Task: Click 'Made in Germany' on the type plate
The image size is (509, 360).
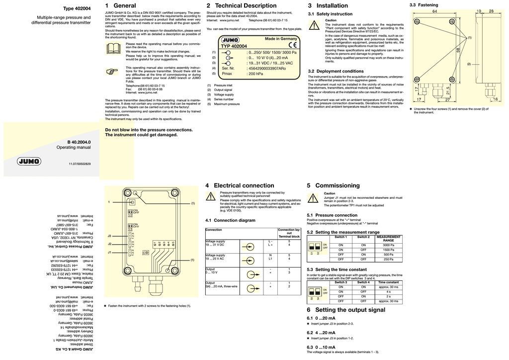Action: point(280,39)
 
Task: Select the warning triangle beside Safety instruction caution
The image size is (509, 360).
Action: point(314,26)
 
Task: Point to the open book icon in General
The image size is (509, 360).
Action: point(113,48)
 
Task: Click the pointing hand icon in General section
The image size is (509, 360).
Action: point(113,72)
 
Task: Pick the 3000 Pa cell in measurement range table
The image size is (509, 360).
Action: point(389,245)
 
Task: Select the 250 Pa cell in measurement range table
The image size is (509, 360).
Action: point(389,259)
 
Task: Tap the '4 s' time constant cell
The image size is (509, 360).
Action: point(388,291)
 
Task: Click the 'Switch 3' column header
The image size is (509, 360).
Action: point(340,282)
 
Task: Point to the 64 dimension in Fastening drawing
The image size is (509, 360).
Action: point(434,11)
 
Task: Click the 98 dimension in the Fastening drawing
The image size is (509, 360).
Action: point(458,51)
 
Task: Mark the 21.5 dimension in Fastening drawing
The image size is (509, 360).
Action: point(462,91)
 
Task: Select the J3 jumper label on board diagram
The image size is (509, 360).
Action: point(109,235)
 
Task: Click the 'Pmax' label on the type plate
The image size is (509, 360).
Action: point(227,74)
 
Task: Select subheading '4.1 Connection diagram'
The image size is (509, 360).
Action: point(230,220)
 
